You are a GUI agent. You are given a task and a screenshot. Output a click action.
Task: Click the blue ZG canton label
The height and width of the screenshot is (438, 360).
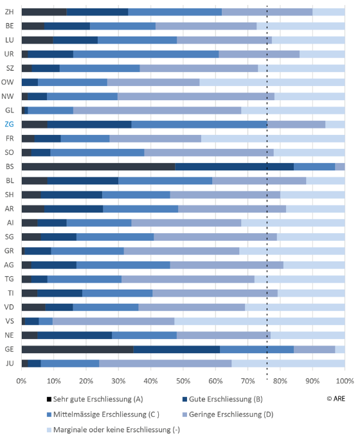tap(9, 124)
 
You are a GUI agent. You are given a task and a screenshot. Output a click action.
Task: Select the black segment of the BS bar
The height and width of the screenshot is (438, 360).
tap(98, 166)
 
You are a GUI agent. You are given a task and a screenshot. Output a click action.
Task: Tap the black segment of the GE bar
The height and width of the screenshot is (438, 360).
tap(78, 349)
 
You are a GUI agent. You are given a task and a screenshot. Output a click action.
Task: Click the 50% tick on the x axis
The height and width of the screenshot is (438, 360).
tap(183, 381)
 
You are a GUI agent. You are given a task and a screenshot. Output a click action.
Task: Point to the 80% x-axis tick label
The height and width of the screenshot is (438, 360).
tap(280, 381)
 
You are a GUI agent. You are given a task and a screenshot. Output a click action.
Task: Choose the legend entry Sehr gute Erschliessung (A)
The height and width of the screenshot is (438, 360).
tap(95, 399)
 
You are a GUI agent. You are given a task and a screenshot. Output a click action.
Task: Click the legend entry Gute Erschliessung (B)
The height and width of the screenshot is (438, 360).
tap(222, 399)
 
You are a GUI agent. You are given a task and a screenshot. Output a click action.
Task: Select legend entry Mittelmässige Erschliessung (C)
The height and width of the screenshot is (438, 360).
tap(103, 414)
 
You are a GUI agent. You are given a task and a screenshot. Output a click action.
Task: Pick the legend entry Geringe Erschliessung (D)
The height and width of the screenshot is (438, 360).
tap(228, 414)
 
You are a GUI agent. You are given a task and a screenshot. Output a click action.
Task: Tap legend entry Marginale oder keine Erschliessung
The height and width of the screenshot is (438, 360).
tap(114, 430)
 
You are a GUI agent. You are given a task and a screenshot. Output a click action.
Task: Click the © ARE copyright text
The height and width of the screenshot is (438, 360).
tap(336, 399)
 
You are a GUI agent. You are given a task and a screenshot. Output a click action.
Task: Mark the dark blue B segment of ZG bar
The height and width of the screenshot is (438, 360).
tap(89, 125)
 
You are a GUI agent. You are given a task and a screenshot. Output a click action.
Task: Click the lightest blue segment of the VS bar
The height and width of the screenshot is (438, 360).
tap(260, 321)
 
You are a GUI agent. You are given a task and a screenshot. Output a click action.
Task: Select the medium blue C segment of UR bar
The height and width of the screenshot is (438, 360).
tap(146, 54)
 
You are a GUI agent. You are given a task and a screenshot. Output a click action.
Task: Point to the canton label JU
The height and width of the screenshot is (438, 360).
tap(10, 363)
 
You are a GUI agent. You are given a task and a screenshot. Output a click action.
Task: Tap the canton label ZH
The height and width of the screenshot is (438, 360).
tap(9, 12)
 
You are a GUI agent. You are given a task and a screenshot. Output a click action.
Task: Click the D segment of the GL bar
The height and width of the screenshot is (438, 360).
tap(157, 110)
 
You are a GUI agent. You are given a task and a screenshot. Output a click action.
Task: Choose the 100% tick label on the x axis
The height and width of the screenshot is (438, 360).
tap(345, 381)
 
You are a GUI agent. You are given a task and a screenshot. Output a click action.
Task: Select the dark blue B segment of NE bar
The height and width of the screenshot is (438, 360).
tap(75, 335)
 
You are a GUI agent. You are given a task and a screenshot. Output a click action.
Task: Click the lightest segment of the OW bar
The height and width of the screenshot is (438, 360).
tap(272, 82)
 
